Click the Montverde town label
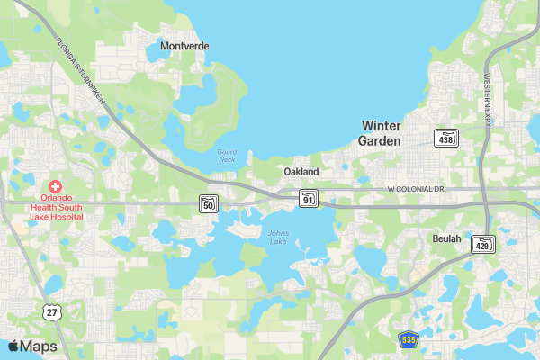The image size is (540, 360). coord(184,46)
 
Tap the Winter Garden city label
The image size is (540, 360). coord(381,133)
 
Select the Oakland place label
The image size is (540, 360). coord(301,171)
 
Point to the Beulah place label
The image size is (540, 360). coord(446,238)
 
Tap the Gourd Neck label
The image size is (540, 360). coord(228,156)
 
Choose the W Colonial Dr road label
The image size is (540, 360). coord(417,190)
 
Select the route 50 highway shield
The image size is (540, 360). coord(209,203)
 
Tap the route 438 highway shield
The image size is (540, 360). coord(445,138)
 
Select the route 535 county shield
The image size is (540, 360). coord(409,339)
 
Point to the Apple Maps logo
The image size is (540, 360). coord(32,346)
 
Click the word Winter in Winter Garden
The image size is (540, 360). coord(381,125)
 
